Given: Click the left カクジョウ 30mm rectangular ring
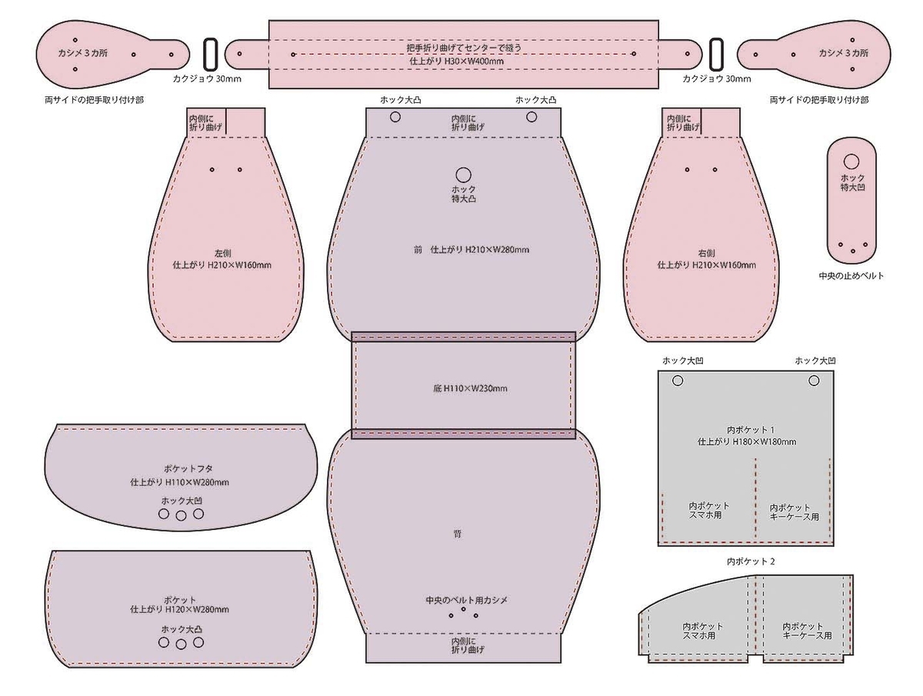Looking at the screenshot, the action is [x=205, y=54].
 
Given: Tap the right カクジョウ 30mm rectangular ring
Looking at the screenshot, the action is [x=711, y=54].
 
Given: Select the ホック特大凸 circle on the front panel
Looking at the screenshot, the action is [x=463, y=175].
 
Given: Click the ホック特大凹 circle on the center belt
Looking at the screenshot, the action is [x=851, y=162].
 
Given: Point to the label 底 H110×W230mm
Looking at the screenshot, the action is [x=470, y=388].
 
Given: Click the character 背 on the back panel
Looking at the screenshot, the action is [x=458, y=534].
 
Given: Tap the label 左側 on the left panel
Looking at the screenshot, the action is [x=223, y=254].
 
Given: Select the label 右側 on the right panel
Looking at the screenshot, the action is [x=706, y=254].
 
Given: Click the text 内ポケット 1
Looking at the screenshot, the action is [x=751, y=430].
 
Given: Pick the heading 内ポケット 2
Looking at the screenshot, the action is [x=751, y=561].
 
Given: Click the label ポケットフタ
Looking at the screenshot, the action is [x=188, y=468].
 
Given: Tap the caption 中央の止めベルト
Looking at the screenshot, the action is [x=851, y=276].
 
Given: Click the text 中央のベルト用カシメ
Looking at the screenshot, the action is [x=467, y=600].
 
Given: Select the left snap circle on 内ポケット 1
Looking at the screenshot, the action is [x=678, y=381].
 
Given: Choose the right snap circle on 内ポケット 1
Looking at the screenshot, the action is [x=814, y=381].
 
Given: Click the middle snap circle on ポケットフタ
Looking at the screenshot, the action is [x=182, y=516].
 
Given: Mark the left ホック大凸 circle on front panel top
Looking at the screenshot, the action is [x=395, y=117].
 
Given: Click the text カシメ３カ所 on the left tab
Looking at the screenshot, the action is [x=83, y=53].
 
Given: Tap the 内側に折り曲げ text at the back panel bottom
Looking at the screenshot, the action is [x=468, y=645].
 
